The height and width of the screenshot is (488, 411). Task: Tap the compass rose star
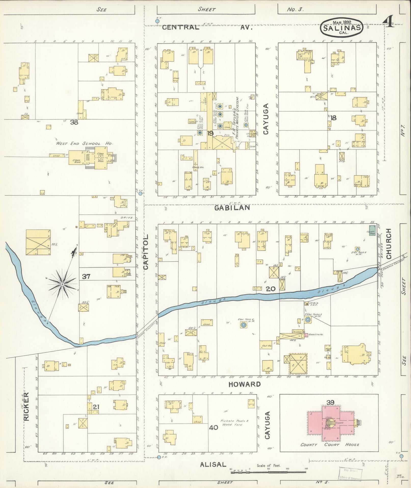coord(62,284)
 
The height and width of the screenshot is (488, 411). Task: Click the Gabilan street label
coord(232,208)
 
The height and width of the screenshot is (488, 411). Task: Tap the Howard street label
coord(245,384)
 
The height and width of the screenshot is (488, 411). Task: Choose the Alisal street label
coord(213,464)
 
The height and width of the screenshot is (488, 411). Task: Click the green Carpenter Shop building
coord(372,230)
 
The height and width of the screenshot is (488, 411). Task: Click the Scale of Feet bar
coord(269,472)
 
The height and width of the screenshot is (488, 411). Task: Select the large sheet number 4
coord(388,21)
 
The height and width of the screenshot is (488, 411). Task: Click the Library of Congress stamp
coord(350,474)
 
